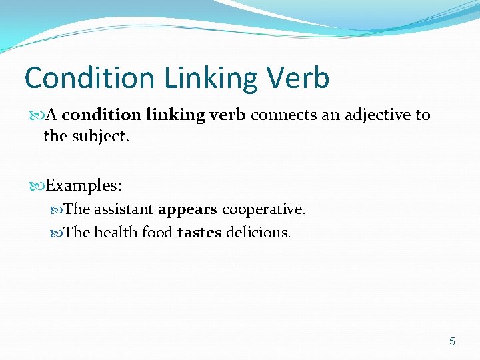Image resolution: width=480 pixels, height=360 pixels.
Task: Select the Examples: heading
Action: pyautogui.click(x=83, y=184)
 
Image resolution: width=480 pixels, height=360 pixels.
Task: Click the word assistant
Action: pyautogui.click(x=123, y=209)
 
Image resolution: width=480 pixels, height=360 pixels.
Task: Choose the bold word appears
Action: pyautogui.click(x=187, y=209)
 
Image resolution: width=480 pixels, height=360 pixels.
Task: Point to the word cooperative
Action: pyautogui.click(x=263, y=209)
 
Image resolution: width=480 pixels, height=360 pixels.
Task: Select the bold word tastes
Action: pyautogui.click(x=201, y=233)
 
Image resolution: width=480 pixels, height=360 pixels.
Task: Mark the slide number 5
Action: pyautogui.click(x=452, y=342)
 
